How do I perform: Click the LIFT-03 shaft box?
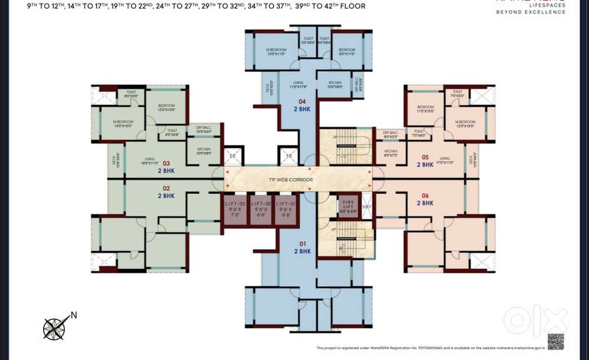(235, 209)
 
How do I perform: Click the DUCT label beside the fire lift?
(367, 207)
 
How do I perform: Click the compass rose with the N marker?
(55, 328)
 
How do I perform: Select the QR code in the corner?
(555, 341)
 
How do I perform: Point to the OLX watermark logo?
(535, 321)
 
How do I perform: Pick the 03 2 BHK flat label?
(166, 167)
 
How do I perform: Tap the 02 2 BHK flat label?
(166, 192)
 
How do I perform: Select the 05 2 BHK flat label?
(425, 161)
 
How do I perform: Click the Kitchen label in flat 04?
(335, 84)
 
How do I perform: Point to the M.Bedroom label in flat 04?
(275, 51)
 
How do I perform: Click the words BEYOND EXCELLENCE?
(531, 12)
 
